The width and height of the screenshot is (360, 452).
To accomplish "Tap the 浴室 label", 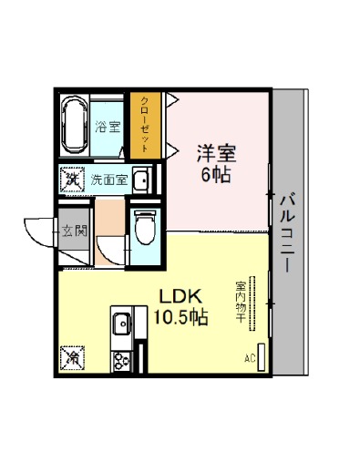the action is (x=108, y=127).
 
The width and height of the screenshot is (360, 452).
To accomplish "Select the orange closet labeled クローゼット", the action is (x=145, y=125).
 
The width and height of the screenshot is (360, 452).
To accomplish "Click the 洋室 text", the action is (x=216, y=153).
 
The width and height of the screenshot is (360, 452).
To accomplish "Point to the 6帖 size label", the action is (x=216, y=174).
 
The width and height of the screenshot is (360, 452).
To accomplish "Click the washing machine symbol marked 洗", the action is (x=72, y=180).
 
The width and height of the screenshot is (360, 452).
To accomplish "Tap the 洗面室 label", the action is (x=109, y=180).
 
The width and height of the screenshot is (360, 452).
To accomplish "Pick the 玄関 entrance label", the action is (x=75, y=231).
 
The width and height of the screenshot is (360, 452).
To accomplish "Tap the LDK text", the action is (x=180, y=297).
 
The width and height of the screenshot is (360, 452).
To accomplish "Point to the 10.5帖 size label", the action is (x=180, y=317).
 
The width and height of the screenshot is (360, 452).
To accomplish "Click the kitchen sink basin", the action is (x=122, y=324).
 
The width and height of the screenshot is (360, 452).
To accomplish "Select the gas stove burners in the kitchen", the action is (x=121, y=361).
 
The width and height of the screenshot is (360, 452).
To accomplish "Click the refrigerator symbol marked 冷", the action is (x=72, y=358).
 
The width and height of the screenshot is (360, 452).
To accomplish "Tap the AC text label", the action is (x=250, y=359).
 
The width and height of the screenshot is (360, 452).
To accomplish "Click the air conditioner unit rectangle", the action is (x=262, y=357).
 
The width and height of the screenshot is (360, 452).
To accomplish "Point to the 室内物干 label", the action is (x=241, y=303).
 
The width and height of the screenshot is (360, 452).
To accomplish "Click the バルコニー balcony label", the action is (x=287, y=232).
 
